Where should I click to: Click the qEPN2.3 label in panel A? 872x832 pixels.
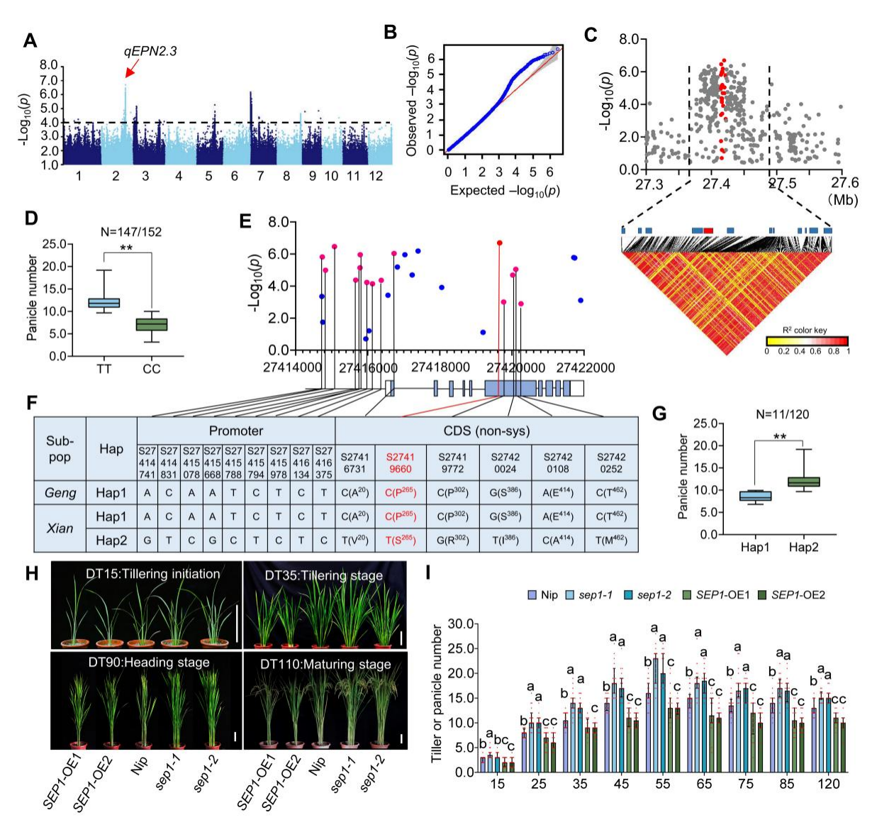tap(150, 51)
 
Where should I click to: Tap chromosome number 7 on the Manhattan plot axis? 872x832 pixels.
tap(260, 176)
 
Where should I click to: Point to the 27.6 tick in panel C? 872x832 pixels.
tap(842, 184)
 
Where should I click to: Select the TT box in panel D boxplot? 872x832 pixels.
tap(104, 303)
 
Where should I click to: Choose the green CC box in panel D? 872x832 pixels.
tap(152, 324)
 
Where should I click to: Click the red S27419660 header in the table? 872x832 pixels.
tap(398, 462)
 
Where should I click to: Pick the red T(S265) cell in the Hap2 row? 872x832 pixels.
tap(398, 540)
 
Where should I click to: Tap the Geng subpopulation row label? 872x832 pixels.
tap(60, 493)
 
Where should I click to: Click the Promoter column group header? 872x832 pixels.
tap(235, 431)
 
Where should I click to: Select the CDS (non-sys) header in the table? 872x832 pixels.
tap(486, 431)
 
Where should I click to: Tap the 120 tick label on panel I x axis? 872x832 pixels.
tap(829, 784)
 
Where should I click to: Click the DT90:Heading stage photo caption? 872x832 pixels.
tap(147, 662)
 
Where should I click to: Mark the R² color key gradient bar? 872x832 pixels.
tap(807, 340)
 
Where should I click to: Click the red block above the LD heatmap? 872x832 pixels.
tap(708, 231)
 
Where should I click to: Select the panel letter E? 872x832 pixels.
tap(246, 221)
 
